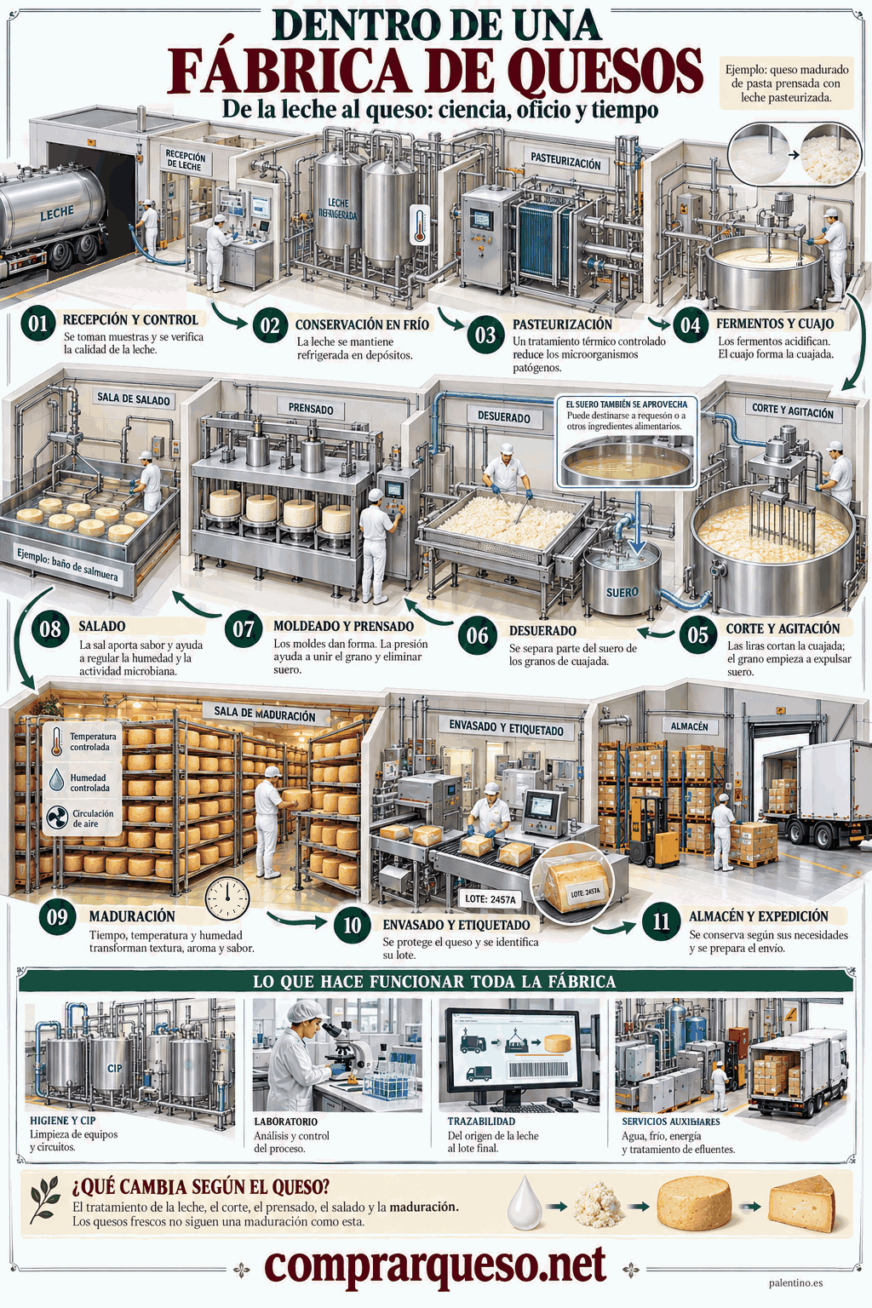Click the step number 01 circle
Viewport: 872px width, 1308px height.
click(38, 323)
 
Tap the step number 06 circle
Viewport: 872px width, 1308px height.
click(477, 635)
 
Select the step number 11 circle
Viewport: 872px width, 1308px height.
click(661, 921)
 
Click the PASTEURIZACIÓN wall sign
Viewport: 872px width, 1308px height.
click(565, 161)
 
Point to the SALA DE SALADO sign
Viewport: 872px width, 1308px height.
click(133, 399)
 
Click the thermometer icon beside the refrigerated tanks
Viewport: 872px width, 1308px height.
click(419, 224)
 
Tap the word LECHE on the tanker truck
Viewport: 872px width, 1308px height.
click(57, 213)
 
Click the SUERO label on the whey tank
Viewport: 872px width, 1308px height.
click(622, 592)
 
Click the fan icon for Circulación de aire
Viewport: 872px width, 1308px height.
click(57, 818)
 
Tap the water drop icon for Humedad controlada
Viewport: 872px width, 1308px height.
click(57, 779)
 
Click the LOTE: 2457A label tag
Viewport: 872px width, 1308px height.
click(490, 900)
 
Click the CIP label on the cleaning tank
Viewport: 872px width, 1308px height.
click(115, 1068)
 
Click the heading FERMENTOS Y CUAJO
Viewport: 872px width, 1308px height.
click(775, 324)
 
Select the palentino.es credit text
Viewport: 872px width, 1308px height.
click(796, 1283)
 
